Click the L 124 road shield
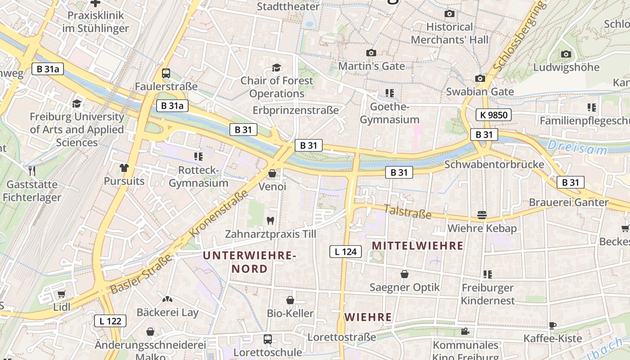pos(346,252)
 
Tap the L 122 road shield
pos(110,321)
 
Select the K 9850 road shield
pos(494,115)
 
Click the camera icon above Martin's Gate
pos(371,53)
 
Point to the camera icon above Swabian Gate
pos(480,79)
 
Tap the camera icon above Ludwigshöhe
pos(566,54)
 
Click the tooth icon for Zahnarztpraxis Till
pos(270,220)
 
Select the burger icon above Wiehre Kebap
pos(482,215)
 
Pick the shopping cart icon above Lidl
pos(62,294)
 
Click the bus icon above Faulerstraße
pos(166,73)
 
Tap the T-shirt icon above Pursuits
pos(124,168)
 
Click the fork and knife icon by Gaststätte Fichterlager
pos(32,171)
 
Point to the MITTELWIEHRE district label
pos(418,246)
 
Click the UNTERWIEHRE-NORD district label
pos(249,262)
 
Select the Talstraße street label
pos(408,211)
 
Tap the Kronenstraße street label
pos(219,214)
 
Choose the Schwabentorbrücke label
pos(494,164)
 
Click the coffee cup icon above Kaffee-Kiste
pos(553,325)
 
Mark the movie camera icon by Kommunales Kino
pos(465,332)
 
